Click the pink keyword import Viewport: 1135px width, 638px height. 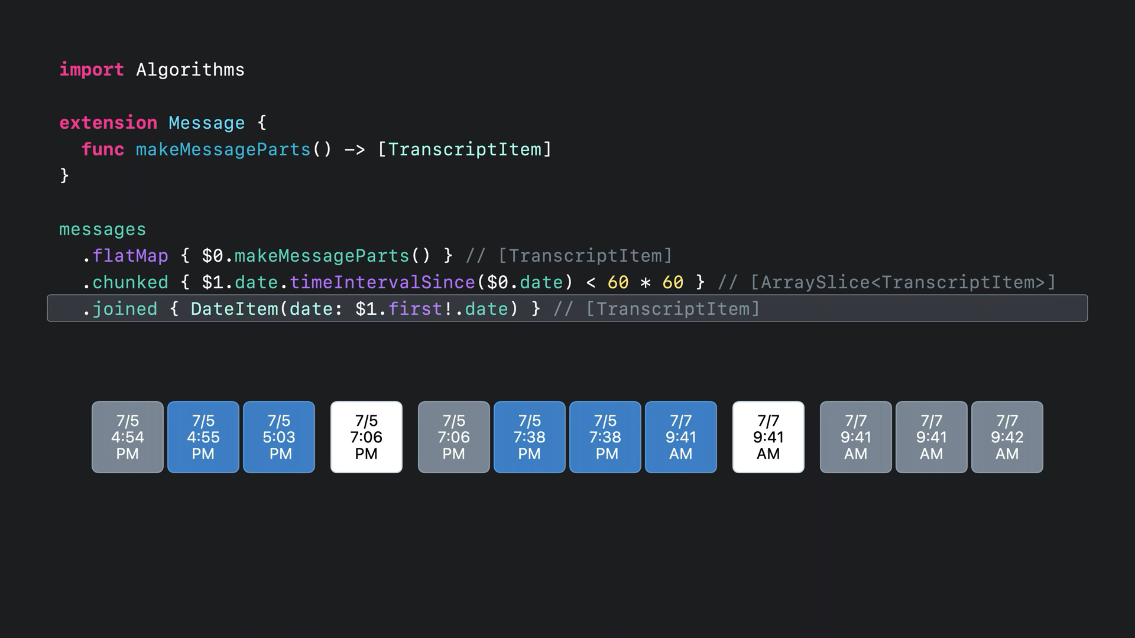coord(92,70)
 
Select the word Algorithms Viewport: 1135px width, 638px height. coord(190,70)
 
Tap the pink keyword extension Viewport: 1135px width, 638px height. coord(108,123)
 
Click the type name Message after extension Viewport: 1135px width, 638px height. coord(207,123)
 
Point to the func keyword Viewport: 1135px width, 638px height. coord(103,149)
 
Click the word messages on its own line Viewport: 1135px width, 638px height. coord(102,229)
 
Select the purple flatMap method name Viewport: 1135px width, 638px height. coord(130,256)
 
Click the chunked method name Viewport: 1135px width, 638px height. coord(130,282)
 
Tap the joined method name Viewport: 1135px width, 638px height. coord(125,309)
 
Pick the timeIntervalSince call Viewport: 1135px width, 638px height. coord(382,282)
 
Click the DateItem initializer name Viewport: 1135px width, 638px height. coord(234,309)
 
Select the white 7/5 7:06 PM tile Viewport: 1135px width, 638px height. coord(367,437)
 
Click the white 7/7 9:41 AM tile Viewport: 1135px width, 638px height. coord(768,437)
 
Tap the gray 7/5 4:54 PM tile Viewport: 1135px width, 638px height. coord(128,437)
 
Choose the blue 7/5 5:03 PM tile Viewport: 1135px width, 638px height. coord(279,437)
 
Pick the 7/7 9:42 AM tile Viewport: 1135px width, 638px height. coord(1007,437)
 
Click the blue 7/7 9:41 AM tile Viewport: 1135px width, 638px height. coord(681,437)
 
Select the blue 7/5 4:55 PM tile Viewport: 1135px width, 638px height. coord(203,437)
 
